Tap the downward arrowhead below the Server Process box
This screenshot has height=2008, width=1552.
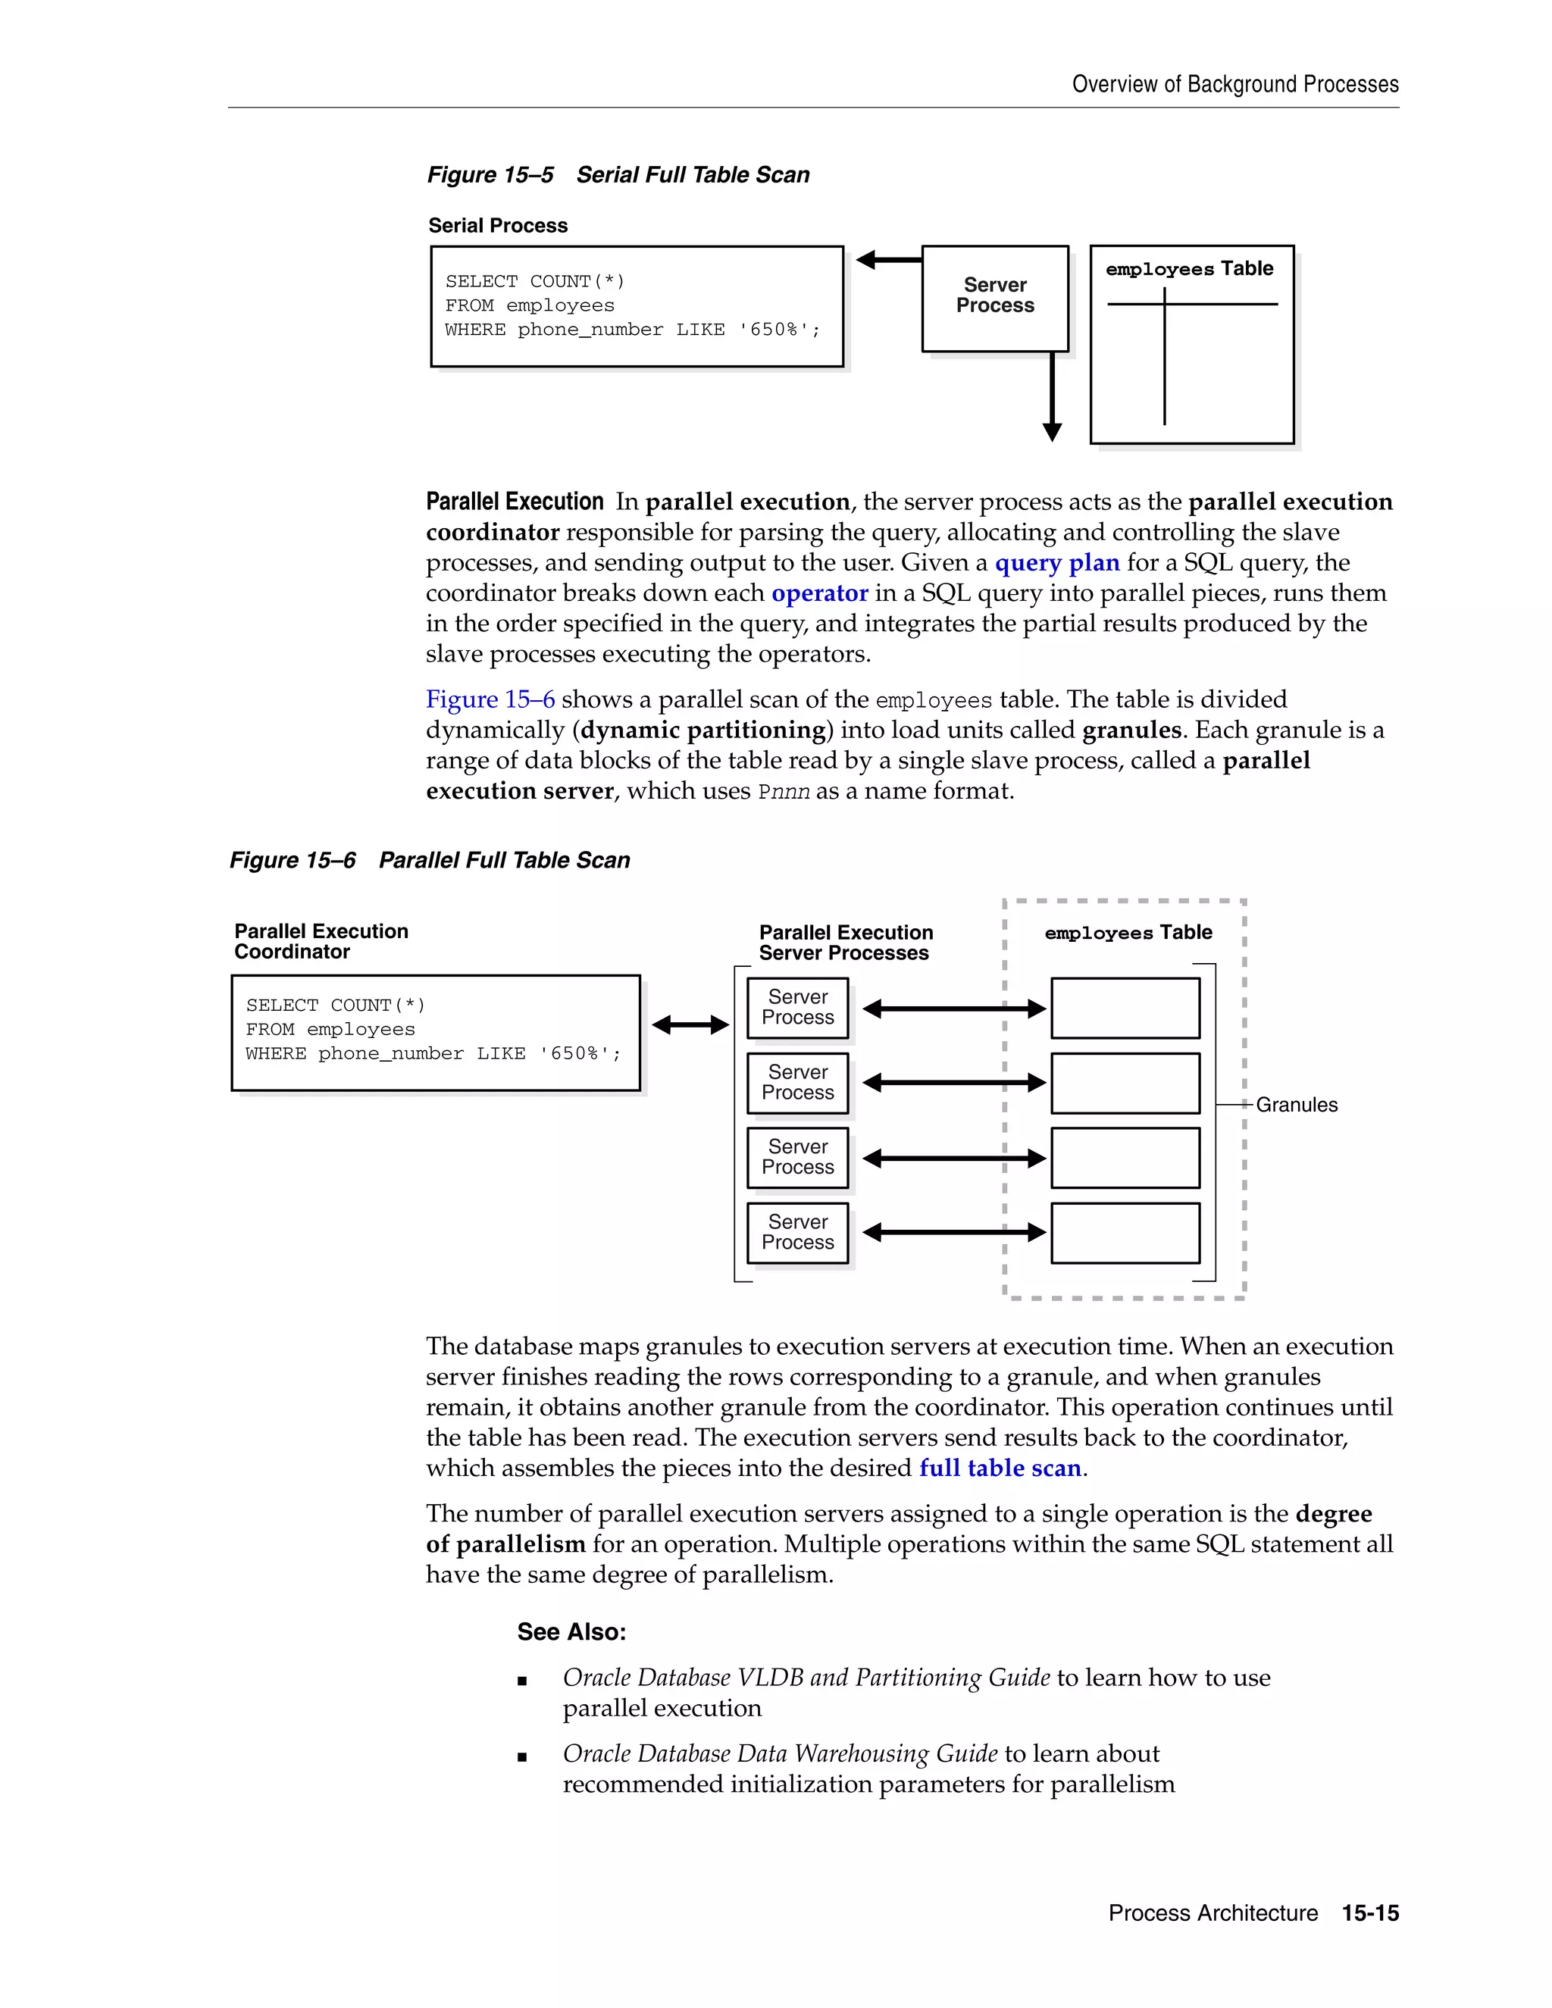pyautogui.click(x=1053, y=431)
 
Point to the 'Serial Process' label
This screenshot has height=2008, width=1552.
pyautogui.click(x=497, y=225)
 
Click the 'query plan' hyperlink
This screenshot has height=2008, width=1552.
pyautogui.click(x=1056, y=563)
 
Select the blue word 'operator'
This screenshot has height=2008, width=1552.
pyautogui.click(x=819, y=593)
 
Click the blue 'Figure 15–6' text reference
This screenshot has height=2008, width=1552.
pyautogui.click(x=490, y=699)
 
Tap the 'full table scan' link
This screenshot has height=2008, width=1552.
pyautogui.click(x=1000, y=1468)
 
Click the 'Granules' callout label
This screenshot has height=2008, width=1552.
pyautogui.click(x=1297, y=1104)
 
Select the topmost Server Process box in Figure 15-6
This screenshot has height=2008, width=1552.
pyautogui.click(x=797, y=1008)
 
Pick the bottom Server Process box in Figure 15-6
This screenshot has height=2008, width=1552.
pyautogui.click(x=797, y=1232)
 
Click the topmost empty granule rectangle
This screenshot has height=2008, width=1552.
pyautogui.click(x=1125, y=1008)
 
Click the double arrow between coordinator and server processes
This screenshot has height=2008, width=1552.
pyautogui.click(x=690, y=1024)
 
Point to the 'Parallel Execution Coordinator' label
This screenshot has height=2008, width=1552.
pyautogui.click(x=321, y=940)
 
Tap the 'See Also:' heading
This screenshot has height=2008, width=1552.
pyautogui.click(x=571, y=1631)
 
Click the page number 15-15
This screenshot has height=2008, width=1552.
pyautogui.click(x=1370, y=1913)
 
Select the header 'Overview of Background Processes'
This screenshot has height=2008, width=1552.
pyautogui.click(x=1234, y=85)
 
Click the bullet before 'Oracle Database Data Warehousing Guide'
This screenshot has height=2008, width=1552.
pyautogui.click(x=522, y=1756)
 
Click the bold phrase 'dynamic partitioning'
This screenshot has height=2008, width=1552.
pyautogui.click(x=703, y=730)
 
